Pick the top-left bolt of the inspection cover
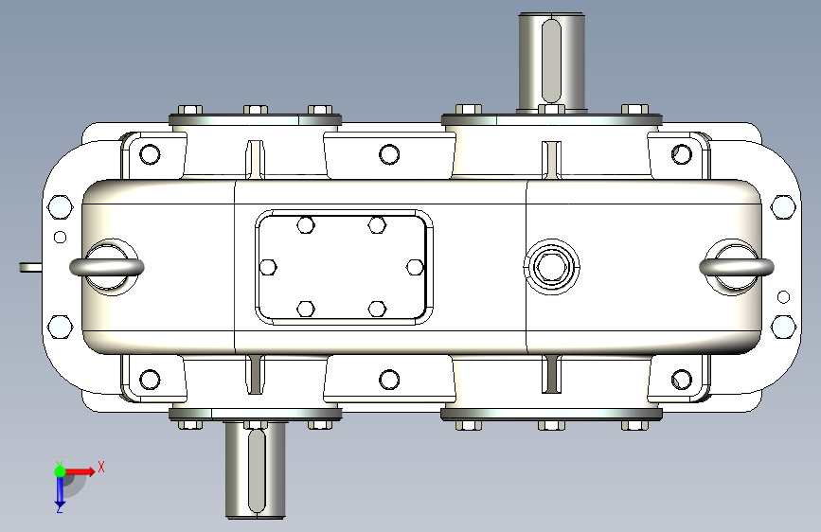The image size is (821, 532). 305,224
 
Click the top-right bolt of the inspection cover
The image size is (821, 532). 377,224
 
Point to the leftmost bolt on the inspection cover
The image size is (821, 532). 268,267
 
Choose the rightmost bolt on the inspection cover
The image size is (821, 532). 415,267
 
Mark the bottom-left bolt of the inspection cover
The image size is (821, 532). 305,309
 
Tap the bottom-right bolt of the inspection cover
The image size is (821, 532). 377,309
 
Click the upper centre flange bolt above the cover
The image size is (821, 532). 388,154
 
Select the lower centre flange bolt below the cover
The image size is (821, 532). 388,380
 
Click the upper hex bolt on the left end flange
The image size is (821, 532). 59,207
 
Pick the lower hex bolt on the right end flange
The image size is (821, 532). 783,327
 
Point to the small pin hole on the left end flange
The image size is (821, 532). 60,238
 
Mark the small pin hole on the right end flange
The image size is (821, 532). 783,297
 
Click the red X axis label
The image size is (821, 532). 100,466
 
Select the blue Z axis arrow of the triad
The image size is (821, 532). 59,492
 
